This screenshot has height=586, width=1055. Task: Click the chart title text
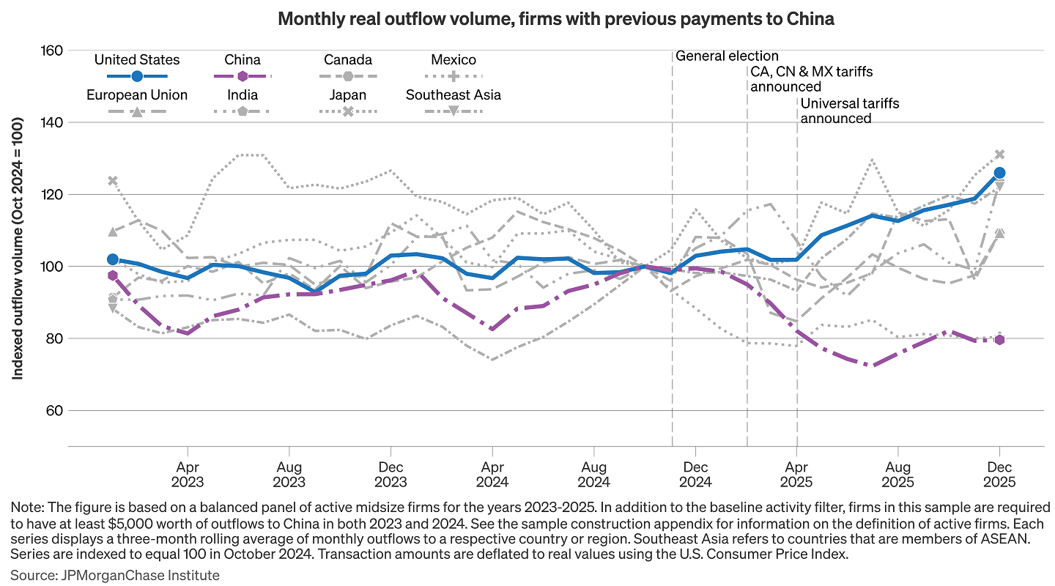[x=556, y=19]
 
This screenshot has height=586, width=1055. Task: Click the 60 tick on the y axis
[x=53, y=410]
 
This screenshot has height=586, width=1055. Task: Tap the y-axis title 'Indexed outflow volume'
[x=18, y=248]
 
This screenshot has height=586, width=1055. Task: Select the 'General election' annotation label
[x=727, y=56]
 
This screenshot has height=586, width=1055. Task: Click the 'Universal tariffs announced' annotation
[x=849, y=111]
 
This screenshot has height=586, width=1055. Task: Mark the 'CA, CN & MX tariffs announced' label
[x=811, y=79]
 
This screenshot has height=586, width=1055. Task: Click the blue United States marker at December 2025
[x=999, y=173]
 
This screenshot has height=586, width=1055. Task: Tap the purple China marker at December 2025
[x=999, y=339]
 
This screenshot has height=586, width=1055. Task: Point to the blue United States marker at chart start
[x=112, y=259]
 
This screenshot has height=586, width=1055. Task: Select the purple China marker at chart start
[x=112, y=275]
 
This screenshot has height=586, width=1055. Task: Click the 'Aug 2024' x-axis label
[x=593, y=474]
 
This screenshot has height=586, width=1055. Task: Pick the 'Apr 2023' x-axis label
[x=188, y=474]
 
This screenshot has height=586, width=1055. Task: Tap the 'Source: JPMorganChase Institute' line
[x=115, y=576]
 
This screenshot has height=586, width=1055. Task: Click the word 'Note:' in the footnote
[x=27, y=507]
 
